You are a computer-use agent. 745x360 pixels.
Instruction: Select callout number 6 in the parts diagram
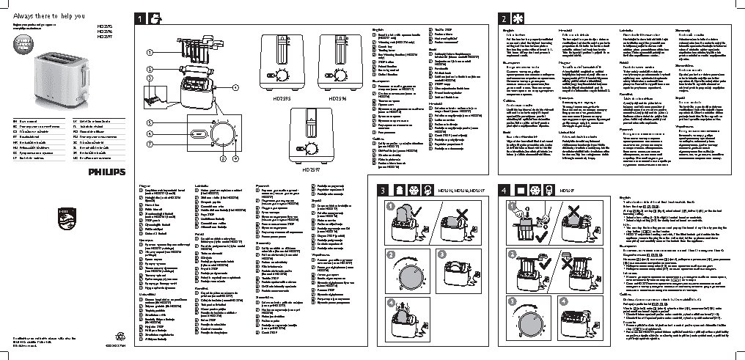coord(149,134)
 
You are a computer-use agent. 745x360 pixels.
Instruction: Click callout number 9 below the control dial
coord(235,158)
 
